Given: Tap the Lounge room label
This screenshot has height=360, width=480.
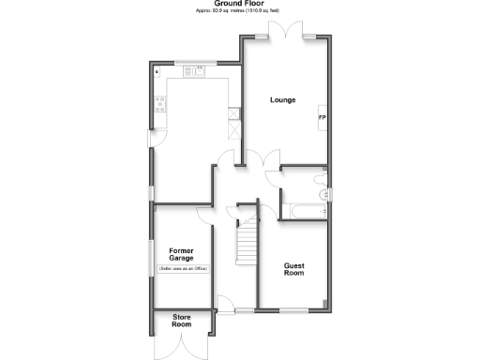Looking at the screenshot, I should coord(283,99).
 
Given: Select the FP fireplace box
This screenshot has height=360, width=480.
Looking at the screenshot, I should coord(322,117).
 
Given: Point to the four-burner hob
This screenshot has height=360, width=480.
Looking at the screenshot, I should coord(160,107).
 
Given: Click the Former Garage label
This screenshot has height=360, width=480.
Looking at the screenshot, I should coord(182,254).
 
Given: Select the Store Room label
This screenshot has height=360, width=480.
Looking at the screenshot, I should coord(182,322).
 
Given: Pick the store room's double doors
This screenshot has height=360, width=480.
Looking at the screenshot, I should coord(182,346).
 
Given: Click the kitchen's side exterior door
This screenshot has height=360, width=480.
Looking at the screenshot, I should coord(153,138).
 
